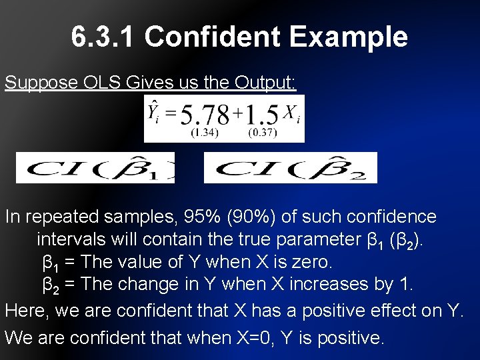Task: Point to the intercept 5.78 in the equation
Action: [203, 115]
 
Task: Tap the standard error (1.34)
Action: [204, 133]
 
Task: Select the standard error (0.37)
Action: [263, 133]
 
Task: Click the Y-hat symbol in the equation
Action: [154, 111]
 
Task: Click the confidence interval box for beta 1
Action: [95, 167]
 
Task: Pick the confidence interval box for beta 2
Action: [290, 167]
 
